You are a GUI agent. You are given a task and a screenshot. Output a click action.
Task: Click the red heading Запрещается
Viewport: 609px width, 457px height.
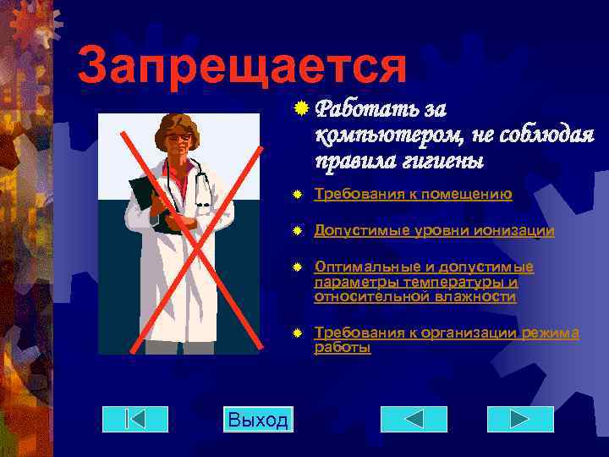point(240,65)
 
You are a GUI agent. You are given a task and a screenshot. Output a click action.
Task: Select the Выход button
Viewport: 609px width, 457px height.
point(258,420)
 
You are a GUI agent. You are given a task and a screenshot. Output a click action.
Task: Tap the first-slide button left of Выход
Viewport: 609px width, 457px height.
point(135,420)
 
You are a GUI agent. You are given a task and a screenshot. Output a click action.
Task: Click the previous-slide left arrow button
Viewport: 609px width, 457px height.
point(414,420)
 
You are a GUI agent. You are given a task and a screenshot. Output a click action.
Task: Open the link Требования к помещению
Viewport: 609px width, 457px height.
point(413,195)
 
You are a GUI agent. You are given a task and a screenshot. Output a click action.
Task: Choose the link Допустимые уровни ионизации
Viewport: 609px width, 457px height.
point(434,230)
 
